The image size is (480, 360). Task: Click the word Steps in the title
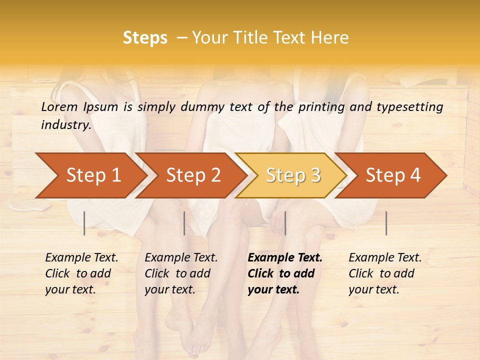click(145, 38)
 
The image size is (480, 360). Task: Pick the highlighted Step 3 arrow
click(293, 175)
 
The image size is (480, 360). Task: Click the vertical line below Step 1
click(84, 223)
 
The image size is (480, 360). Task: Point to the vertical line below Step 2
click(184, 223)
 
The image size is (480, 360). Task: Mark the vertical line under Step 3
click(285, 223)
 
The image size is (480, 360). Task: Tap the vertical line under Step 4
click(386, 223)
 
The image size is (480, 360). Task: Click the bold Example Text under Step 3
click(285, 273)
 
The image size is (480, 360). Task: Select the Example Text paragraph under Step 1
click(81, 273)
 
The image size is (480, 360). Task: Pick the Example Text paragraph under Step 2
click(181, 273)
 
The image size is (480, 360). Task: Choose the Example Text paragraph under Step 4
click(385, 273)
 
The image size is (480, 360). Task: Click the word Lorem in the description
click(59, 106)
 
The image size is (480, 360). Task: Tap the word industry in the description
click(65, 125)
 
